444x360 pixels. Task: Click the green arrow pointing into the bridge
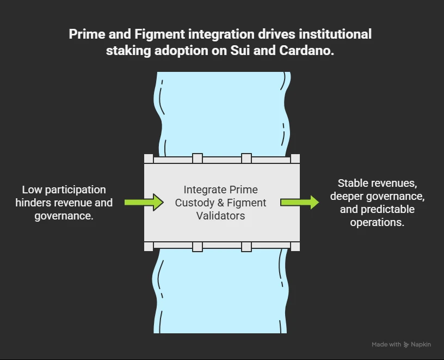click(144, 203)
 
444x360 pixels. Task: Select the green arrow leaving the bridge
click(300, 203)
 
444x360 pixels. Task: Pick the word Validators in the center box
click(221, 216)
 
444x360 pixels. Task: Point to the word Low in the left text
click(32, 190)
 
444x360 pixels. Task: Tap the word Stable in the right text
click(353, 184)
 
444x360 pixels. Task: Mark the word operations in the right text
click(377, 222)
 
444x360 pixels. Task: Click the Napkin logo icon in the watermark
click(406, 345)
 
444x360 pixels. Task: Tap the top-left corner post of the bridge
click(149, 158)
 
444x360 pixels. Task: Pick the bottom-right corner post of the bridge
click(295, 246)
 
